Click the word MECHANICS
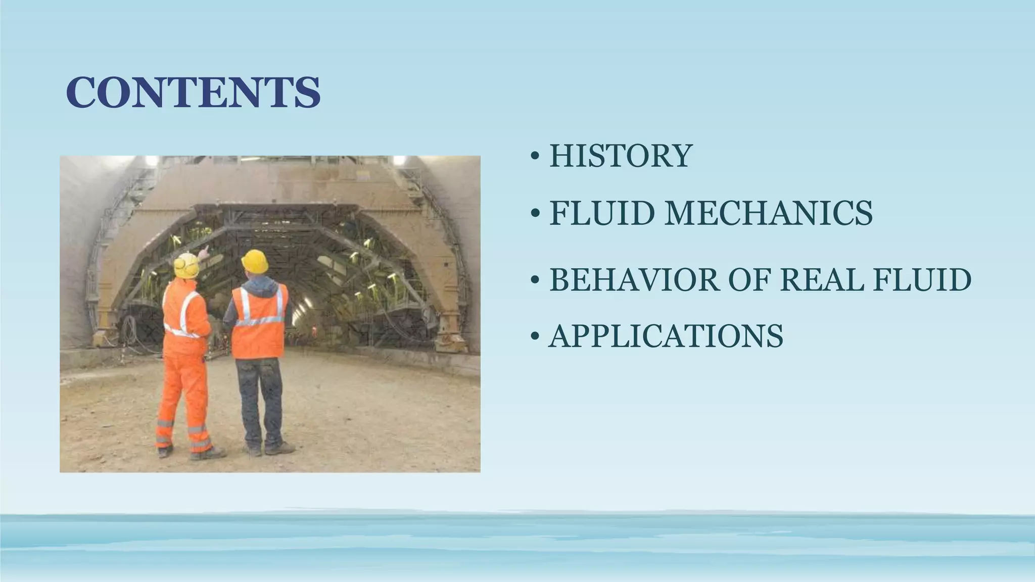(x=768, y=213)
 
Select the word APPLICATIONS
(x=666, y=336)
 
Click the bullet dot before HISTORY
(x=535, y=157)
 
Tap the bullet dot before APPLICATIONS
(x=535, y=337)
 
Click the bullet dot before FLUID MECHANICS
(x=535, y=214)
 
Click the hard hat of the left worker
(x=186, y=265)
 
